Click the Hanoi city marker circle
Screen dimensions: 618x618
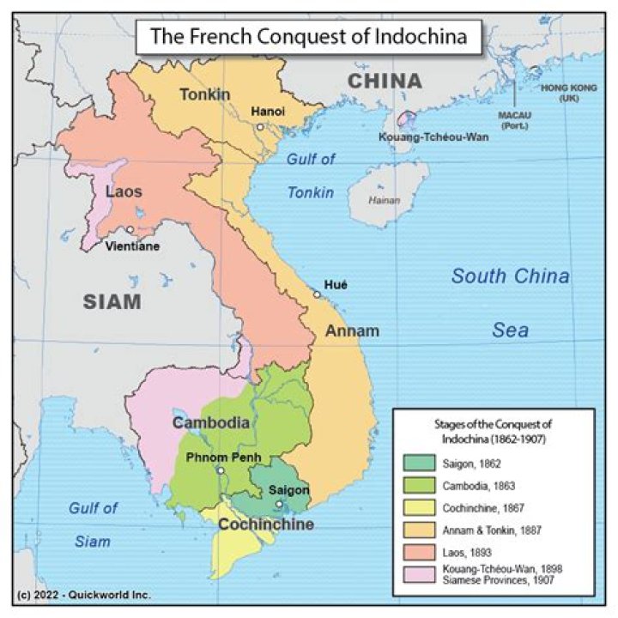259,126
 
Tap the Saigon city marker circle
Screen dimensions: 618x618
279,505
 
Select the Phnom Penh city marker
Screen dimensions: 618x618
221,470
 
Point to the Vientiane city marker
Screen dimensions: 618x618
129,230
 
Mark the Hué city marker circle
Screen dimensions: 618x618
317,295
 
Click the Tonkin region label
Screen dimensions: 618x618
204,94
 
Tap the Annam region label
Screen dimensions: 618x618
353,330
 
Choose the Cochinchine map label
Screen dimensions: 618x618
264,524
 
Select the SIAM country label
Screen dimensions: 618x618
112,301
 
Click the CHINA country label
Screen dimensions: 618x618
385,82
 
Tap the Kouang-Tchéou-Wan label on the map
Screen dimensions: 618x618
426,136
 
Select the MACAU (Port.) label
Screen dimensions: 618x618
515,118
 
